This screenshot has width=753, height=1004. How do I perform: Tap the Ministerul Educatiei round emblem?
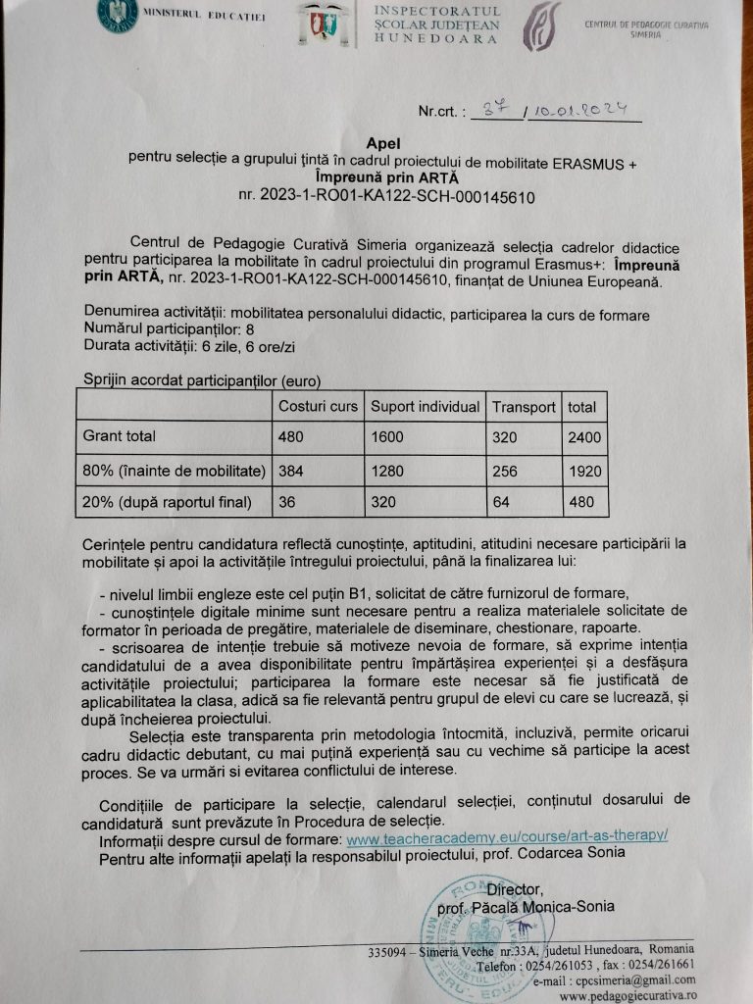118,16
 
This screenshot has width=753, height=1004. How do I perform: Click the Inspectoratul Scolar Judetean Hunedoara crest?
315,23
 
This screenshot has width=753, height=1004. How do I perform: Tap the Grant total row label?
120,436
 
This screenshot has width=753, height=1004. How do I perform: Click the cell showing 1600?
386,437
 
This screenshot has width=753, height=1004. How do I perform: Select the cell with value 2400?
584,437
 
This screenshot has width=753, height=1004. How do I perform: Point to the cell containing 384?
291,471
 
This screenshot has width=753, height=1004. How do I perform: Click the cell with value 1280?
386,471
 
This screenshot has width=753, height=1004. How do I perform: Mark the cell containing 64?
501,503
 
